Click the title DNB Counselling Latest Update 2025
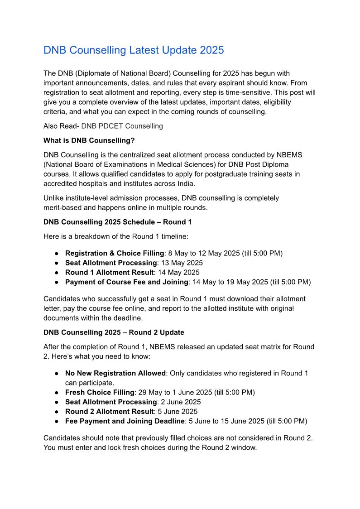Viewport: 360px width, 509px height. click(134, 50)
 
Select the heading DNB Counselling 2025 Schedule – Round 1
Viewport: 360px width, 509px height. click(115, 222)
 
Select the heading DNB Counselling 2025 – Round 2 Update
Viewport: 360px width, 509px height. click(114, 332)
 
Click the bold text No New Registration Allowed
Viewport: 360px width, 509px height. click(115, 373)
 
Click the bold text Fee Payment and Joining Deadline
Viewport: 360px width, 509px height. click(125, 421)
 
